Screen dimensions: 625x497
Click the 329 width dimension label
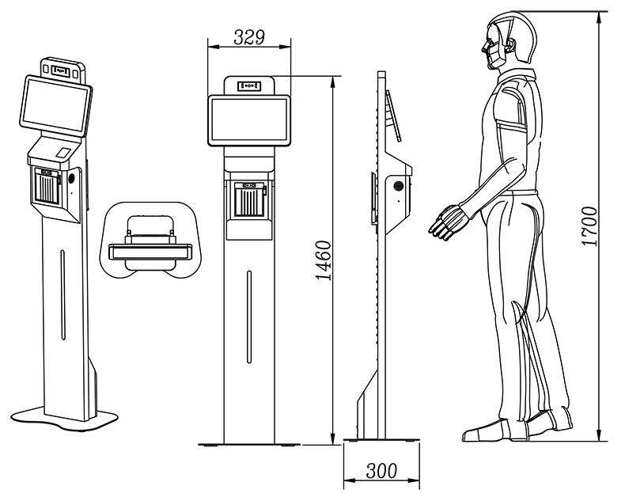(x=249, y=37)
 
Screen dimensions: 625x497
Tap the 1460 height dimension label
(x=324, y=260)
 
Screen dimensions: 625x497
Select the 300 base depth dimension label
(x=381, y=471)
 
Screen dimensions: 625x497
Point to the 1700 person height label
(x=589, y=226)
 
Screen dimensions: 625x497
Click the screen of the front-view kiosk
(x=249, y=120)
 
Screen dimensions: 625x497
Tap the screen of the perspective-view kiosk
(x=56, y=105)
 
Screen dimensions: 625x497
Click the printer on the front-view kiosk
(x=249, y=199)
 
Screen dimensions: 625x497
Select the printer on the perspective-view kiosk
(x=47, y=187)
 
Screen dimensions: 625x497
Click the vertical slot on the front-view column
(x=249, y=317)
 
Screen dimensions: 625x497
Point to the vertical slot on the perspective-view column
(x=62, y=294)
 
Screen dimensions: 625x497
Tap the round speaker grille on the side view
(x=397, y=185)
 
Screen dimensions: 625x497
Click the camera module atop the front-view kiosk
(x=249, y=85)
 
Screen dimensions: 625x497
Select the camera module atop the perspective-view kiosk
(x=61, y=71)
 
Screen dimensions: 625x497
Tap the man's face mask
(x=494, y=55)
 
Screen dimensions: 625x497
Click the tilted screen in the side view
(x=393, y=116)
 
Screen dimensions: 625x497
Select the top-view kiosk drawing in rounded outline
(x=150, y=240)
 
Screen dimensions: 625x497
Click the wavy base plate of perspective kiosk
(x=64, y=419)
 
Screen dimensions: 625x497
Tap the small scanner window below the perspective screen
(x=62, y=153)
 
